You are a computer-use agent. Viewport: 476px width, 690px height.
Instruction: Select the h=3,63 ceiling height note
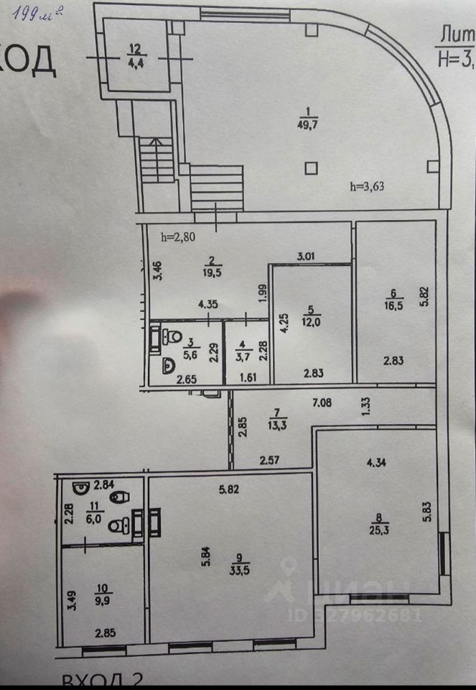pyautogui.click(x=372, y=188)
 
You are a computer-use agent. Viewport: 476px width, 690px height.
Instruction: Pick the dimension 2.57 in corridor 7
pyautogui.click(x=269, y=459)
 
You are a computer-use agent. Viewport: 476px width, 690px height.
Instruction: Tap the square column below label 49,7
pyautogui.click(x=309, y=168)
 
